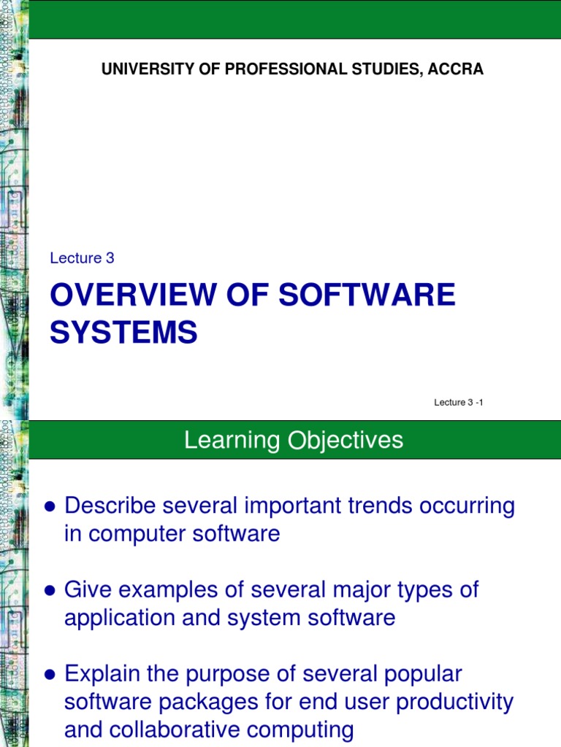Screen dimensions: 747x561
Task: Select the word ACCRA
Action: pos(457,69)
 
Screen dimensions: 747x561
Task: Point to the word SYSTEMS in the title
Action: pos(123,333)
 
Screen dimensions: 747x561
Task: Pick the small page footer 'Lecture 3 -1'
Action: pos(459,403)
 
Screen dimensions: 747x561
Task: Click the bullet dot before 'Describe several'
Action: pos(50,506)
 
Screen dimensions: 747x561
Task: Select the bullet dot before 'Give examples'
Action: pos(50,591)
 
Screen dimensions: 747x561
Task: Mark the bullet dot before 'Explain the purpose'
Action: pos(50,676)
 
